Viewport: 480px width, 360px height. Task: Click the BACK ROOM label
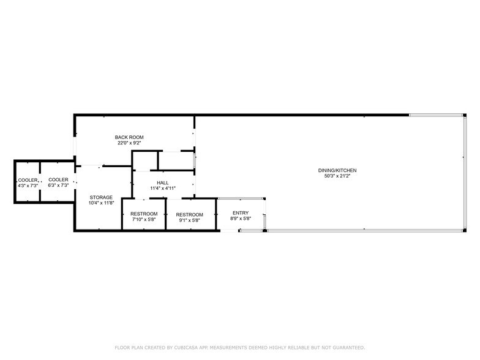129,137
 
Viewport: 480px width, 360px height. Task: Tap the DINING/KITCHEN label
337,170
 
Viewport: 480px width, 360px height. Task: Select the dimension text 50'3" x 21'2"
337,176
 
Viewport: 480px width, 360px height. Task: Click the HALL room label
163,182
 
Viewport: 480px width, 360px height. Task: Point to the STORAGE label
101,197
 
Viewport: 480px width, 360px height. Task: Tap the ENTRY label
241,213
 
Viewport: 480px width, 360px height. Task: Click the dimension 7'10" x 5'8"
144,219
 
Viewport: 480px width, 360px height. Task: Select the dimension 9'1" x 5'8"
190,220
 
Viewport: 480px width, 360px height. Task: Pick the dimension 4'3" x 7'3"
28,186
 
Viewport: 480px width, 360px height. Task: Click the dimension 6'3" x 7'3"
58,185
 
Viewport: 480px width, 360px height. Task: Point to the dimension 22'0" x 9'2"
129,143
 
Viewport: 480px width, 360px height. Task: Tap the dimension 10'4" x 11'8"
101,203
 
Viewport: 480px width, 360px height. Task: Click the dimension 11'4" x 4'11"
163,189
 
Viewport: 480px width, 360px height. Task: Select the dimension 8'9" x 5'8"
241,219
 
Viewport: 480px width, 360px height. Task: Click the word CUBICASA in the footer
185,348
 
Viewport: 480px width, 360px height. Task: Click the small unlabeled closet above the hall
144,160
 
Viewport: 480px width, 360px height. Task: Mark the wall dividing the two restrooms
166,214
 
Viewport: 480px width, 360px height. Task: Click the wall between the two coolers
40,181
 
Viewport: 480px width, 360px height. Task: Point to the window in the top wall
436,115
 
